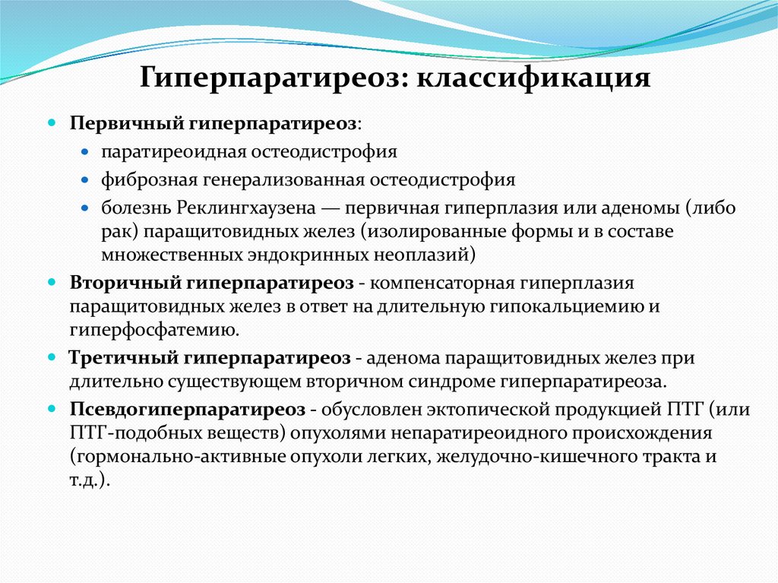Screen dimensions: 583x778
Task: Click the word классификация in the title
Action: pos(531,78)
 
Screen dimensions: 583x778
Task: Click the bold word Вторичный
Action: pos(124,283)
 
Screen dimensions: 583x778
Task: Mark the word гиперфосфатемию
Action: pos(155,330)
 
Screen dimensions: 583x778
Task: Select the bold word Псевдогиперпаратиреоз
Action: pos(188,409)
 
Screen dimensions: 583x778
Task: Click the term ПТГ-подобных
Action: pos(125,432)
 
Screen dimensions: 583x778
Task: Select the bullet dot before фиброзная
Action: pos(86,180)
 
